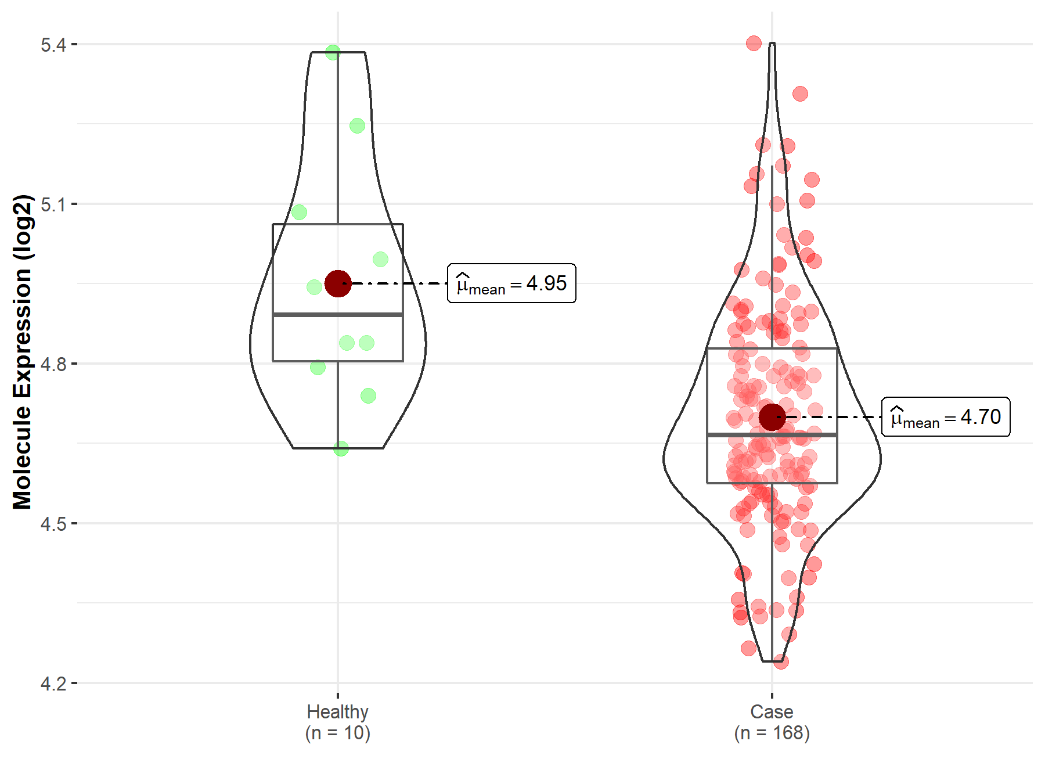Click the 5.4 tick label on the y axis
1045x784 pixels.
pyautogui.click(x=53, y=45)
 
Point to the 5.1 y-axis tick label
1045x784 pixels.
pyautogui.click(x=53, y=204)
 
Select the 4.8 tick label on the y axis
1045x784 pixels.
pyautogui.click(x=53, y=364)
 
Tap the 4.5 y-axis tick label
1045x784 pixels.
pyautogui.click(x=53, y=524)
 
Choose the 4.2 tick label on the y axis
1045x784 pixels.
pyautogui.click(x=53, y=684)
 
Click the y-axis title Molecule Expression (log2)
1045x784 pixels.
pyautogui.click(x=22, y=352)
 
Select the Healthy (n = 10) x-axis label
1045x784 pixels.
pyautogui.click(x=338, y=722)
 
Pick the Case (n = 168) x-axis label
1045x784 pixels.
pyautogui.click(x=772, y=722)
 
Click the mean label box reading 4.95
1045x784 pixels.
pyautogui.click(x=511, y=283)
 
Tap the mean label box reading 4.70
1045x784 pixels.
pyautogui.click(x=946, y=417)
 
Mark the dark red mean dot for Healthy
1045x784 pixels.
pyautogui.click(x=338, y=283)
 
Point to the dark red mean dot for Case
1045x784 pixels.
pyautogui.click(x=772, y=417)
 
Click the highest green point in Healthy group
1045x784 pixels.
pyautogui.click(x=333, y=53)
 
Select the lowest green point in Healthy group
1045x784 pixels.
pyautogui.click(x=341, y=448)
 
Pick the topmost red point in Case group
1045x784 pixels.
pyautogui.click(x=754, y=43)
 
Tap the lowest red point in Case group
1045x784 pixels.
pyautogui.click(x=781, y=661)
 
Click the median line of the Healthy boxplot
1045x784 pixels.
pyautogui.click(x=338, y=315)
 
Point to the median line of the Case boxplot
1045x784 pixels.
pyautogui.click(x=772, y=434)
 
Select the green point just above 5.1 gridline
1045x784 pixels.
pyautogui.click(x=300, y=213)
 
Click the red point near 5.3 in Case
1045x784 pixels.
pyautogui.click(x=800, y=94)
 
